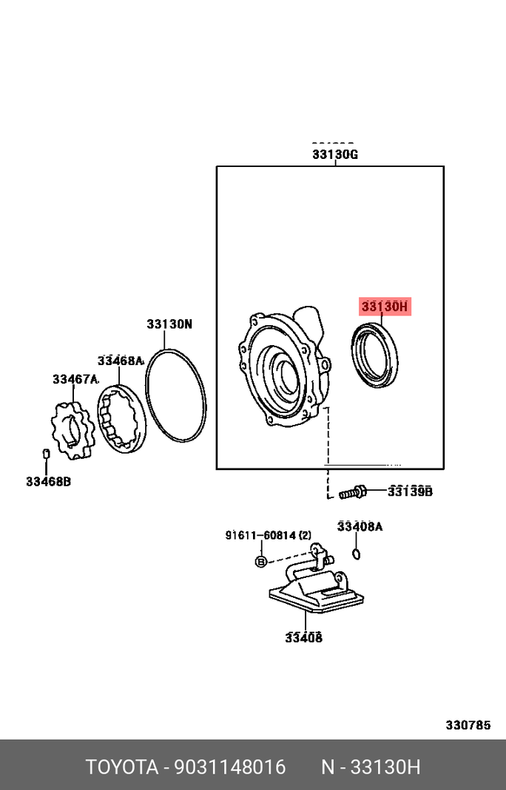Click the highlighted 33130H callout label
pos(385,307)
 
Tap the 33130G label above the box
pos(335,154)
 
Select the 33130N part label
pos(169,324)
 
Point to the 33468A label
pos(121,361)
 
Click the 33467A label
pos(75,379)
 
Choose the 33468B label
pos(48,482)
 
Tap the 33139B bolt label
pos(410,491)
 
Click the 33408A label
pos(360,526)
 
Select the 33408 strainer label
pos(304,638)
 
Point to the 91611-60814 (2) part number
pos(269,535)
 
